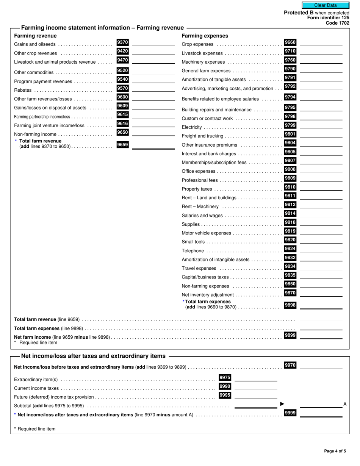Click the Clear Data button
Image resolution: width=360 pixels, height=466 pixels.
coord(325,5)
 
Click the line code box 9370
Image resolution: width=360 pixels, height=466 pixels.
coord(122,42)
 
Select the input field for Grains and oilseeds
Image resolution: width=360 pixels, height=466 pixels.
coord(153,43)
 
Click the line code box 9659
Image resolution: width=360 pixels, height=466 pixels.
coord(122,144)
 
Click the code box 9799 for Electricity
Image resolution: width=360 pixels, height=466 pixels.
coord(290,125)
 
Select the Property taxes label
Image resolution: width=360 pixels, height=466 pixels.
coord(197,189)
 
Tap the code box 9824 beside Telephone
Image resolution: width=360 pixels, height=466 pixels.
coord(290,249)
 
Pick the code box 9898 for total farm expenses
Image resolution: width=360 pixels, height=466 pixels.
coord(290,305)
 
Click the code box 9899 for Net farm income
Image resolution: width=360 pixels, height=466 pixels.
coord(290,335)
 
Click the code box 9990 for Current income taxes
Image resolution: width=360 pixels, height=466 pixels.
coord(225,386)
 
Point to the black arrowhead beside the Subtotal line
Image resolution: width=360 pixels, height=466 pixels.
coord(282,404)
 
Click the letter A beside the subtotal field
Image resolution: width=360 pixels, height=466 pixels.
coord(345,404)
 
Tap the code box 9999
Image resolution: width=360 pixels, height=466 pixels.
coord(290,413)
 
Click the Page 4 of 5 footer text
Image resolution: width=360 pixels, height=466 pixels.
coord(335,451)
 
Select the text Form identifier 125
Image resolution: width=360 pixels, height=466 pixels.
coord(328,18)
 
